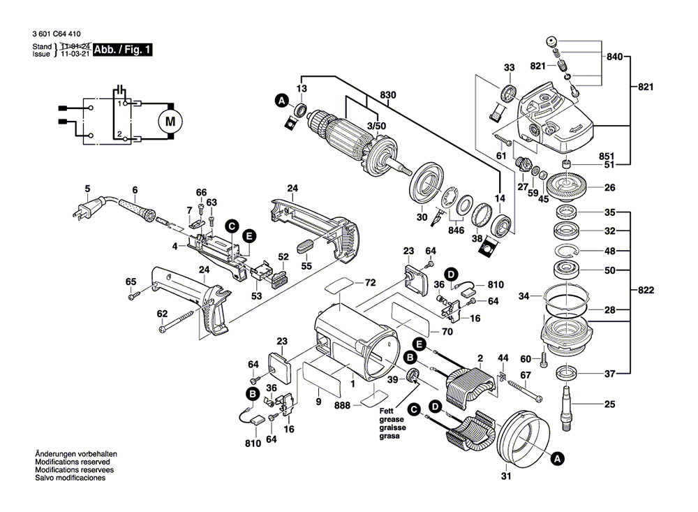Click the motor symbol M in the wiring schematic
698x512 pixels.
pos(169,121)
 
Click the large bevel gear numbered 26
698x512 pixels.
pos(566,188)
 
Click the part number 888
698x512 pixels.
pos(342,404)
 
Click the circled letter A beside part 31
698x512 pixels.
pos(557,459)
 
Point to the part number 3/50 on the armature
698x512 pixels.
pos(376,125)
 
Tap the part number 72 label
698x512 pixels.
pos(370,283)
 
